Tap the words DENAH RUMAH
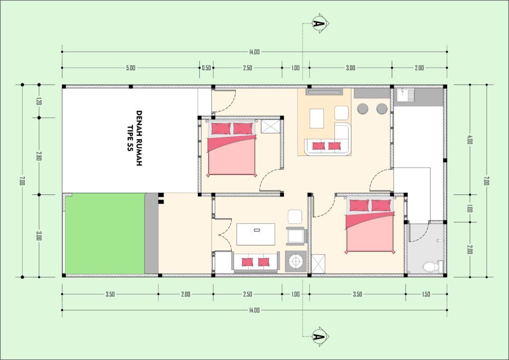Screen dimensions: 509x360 tap(139, 138)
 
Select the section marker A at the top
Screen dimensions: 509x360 tap(319, 23)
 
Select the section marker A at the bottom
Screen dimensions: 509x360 tap(319, 337)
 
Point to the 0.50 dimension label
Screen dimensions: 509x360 tap(206, 68)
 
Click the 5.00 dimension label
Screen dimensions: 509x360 tap(131, 68)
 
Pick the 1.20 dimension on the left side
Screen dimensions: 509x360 tap(39, 101)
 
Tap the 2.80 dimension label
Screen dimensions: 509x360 tap(39, 156)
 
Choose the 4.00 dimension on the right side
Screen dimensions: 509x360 tap(470, 140)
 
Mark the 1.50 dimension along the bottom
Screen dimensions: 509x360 tap(426, 294)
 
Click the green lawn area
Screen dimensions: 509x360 tap(105, 233)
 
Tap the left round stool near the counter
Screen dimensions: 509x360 tap(362, 109)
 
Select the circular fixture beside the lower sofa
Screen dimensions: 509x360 tap(296, 261)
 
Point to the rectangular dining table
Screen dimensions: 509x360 tap(256, 234)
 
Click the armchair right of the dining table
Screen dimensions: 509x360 tap(296, 236)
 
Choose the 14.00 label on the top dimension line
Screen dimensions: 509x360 tap(254, 52)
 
